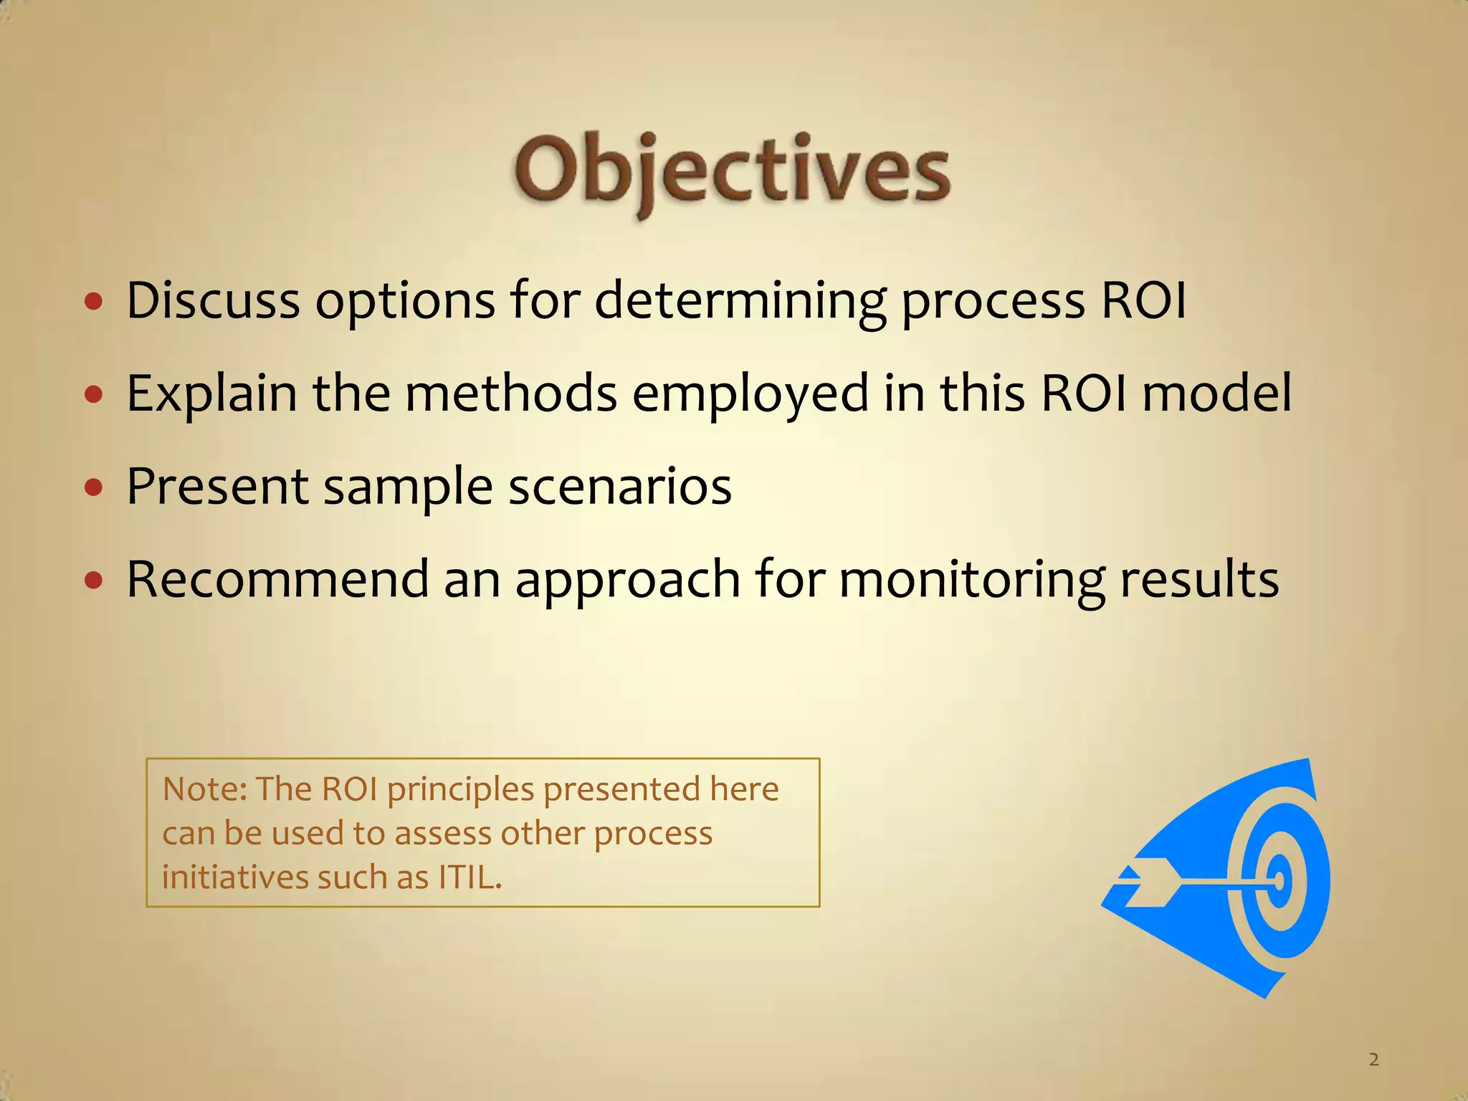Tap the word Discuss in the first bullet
(x=213, y=300)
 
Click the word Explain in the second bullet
(x=211, y=394)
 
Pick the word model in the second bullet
(x=1216, y=394)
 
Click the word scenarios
(x=619, y=487)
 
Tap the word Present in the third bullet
(x=217, y=487)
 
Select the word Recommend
(x=277, y=579)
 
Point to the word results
(x=1198, y=579)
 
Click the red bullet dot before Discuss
(x=94, y=302)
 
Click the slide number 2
(x=1373, y=1059)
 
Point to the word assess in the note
(x=442, y=834)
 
